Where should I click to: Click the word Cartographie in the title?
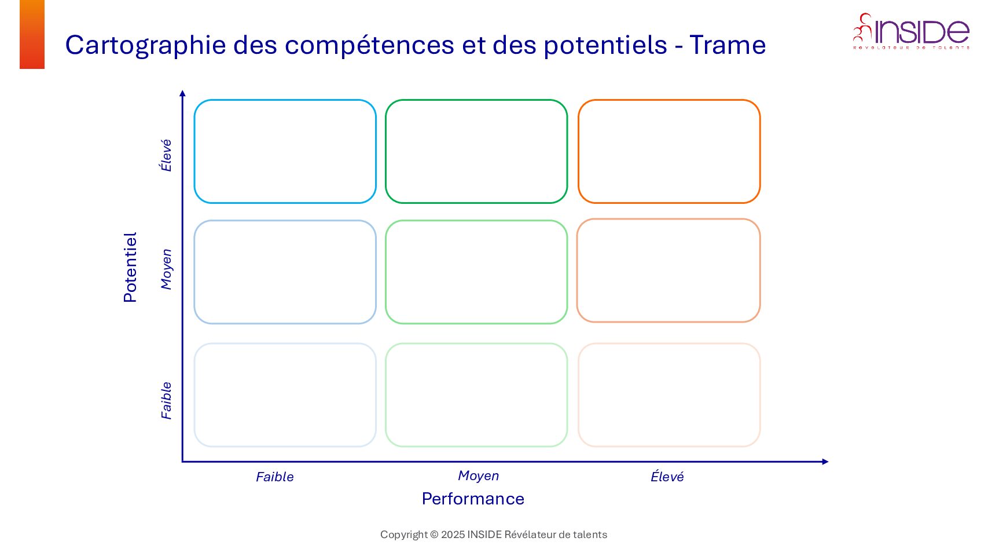click(145, 45)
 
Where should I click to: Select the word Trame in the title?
click(728, 45)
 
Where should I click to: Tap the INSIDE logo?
click(911, 31)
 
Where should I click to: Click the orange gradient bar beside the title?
click(32, 34)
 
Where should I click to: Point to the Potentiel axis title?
click(130, 268)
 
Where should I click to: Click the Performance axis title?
click(473, 499)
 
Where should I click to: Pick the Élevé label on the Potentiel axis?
click(166, 155)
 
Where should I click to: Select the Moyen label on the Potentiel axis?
click(166, 269)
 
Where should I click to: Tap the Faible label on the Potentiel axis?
click(166, 400)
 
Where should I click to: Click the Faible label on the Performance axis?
click(275, 477)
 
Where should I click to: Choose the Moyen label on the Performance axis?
click(479, 475)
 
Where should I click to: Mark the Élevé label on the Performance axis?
click(667, 477)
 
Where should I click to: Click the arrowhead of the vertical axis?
click(182, 93)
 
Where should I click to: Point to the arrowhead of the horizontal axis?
click(825, 462)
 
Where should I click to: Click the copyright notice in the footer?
click(494, 535)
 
